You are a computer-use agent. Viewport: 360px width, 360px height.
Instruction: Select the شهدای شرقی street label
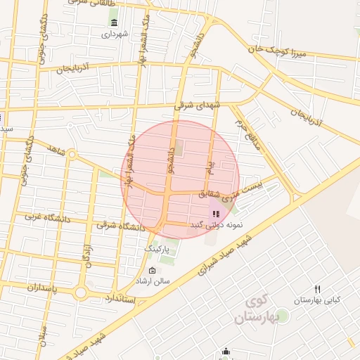pyautogui.click(x=198, y=105)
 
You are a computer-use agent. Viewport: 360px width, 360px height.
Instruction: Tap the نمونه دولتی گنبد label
pyautogui.click(x=216, y=224)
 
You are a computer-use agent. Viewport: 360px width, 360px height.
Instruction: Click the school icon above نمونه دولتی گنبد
pyautogui.click(x=215, y=213)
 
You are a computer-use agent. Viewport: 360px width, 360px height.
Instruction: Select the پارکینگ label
pyautogui.click(x=158, y=249)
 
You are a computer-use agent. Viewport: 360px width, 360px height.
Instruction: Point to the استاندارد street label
pyautogui.click(x=120, y=298)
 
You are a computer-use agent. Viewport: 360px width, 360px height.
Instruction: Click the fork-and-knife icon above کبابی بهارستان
pyautogui.click(x=317, y=289)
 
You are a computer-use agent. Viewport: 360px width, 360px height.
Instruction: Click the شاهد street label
pyautogui.click(x=56, y=150)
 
